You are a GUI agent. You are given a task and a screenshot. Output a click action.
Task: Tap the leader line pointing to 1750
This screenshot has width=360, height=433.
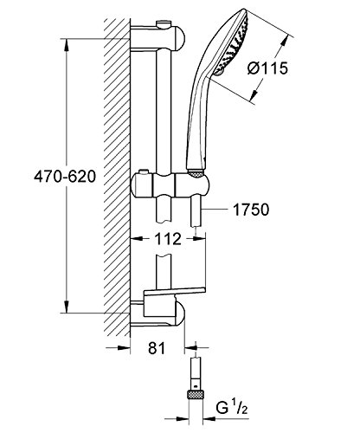(225, 210)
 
